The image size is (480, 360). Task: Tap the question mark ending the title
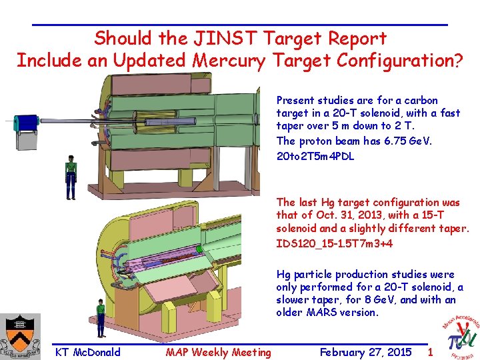[459, 61]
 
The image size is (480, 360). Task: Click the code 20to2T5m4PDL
[315, 157]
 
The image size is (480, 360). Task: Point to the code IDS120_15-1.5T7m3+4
[335, 243]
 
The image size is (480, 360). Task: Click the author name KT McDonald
[88, 352]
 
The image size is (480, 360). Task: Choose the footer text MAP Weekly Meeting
[219, 352]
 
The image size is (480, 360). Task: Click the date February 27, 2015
[365, 352]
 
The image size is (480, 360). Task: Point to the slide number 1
[430, 351]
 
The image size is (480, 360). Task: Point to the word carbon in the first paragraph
[421, 100]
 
